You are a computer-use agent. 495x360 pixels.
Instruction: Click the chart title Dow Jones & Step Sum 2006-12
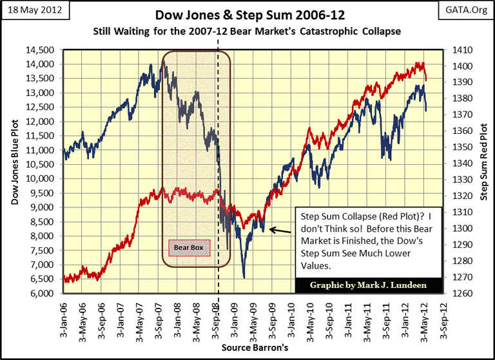click(x=247, y=14)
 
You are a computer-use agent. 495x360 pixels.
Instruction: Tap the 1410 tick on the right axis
click(x=463, y=50)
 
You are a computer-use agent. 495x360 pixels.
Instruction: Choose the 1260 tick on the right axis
click(x=463, y=294)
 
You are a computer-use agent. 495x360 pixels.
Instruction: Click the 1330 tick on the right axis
click(x=463, y=180)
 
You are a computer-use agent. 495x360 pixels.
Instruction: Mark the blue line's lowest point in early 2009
click(x=244, y=278)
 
